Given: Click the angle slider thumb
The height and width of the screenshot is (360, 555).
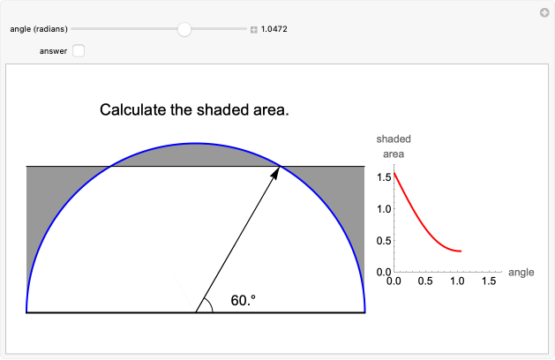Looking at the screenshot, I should click(184, 29).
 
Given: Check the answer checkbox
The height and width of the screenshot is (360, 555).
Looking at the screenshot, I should click(79, 51).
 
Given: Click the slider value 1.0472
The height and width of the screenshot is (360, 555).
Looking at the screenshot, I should click(275, 29).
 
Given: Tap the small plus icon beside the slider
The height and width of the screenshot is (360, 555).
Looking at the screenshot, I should click(254, 30).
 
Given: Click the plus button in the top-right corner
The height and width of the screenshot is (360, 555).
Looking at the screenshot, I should click(544, 12).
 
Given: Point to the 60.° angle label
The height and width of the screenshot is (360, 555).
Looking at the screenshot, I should click(244, 301).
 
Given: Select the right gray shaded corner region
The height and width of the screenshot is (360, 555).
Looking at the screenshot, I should click(349, 194).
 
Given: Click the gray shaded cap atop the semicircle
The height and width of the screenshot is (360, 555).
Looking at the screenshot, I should click(196, 154).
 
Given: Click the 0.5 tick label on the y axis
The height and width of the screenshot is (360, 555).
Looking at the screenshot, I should click(385, 241).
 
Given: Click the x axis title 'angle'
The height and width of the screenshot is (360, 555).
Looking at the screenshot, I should click(521, 273).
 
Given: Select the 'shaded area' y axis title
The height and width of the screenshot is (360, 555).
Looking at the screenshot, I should click(393, 146).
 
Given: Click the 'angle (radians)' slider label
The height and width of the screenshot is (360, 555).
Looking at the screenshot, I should click(39, 29).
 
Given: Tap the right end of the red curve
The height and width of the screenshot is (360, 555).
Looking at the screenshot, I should click(461, 251).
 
